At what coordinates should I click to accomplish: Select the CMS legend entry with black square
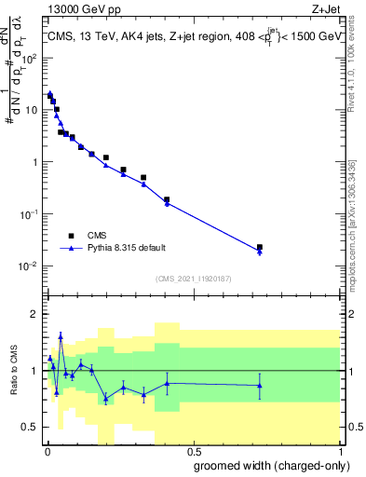click(x=96, y=237)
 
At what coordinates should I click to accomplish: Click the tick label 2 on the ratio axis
click(x=34, y=314)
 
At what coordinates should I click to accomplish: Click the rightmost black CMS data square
click(x=260, y=247)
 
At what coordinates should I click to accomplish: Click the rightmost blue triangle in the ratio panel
click(x=260, y=385)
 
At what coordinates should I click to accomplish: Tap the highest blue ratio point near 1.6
click(x=61, y=337)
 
